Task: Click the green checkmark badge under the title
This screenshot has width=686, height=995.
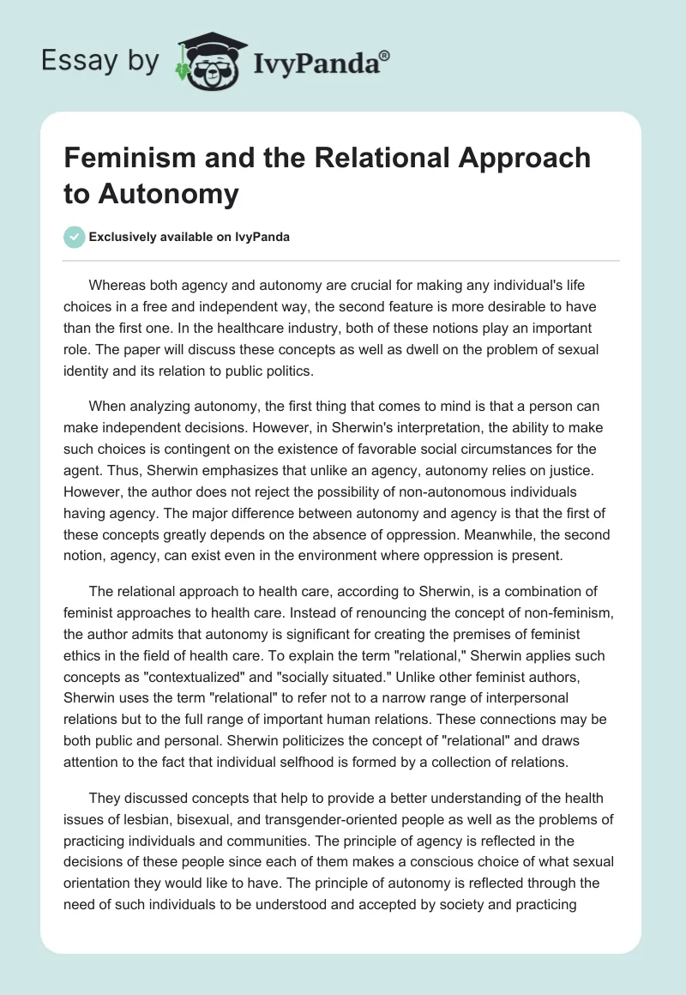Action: [74, 237]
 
